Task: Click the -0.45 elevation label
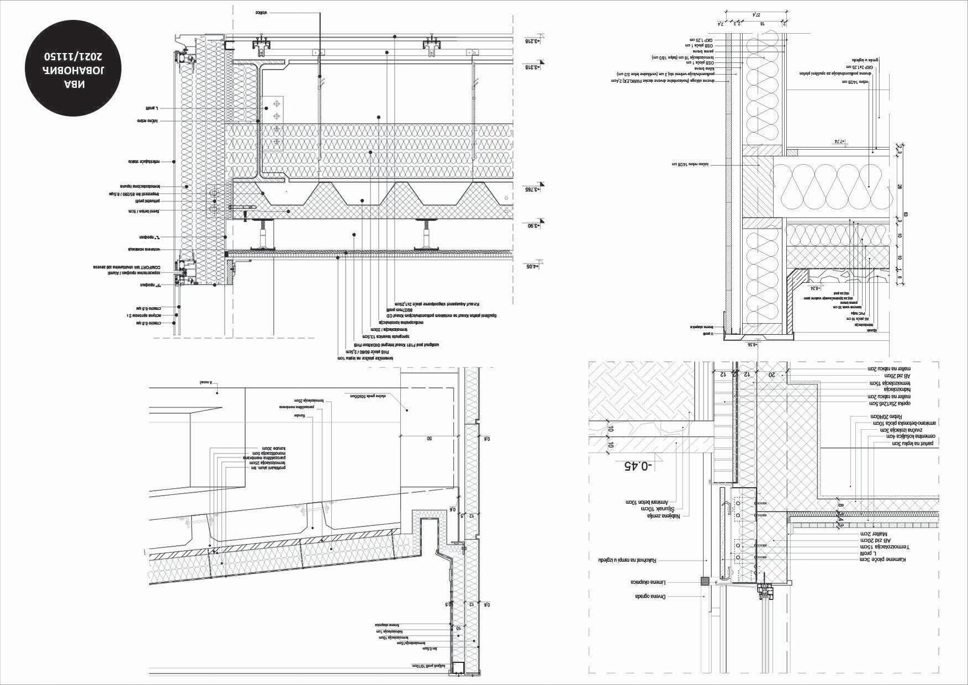tap(638, 466)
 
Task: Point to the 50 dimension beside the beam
tap(429, 438)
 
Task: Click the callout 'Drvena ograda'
tap(650, 597)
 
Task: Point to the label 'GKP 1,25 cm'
tap(701, 40)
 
